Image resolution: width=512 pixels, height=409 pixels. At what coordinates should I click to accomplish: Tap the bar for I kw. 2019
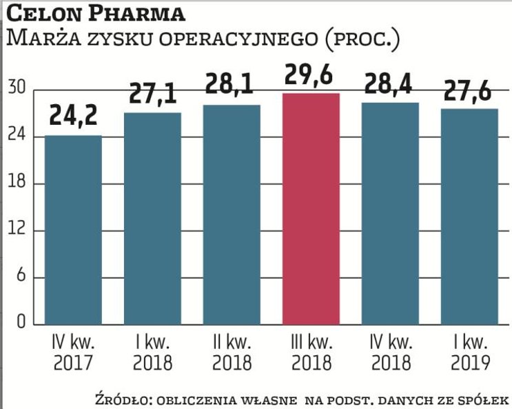coord(469,216)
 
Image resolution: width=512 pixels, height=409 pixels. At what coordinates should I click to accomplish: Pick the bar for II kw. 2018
coord(232,214)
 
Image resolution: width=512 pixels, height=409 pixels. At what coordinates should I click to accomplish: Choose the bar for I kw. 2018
coord(152,218)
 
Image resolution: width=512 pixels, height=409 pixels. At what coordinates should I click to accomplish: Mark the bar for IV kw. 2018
coord(390,213)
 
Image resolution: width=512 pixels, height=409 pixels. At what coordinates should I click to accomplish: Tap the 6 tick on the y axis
coord(20,277)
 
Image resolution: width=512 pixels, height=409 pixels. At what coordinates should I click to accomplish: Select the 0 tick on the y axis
coord(21,322)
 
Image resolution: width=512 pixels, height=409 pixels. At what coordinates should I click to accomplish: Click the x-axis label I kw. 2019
coord(469,352)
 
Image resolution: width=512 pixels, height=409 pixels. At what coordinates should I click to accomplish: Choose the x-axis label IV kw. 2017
coord(73,352)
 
